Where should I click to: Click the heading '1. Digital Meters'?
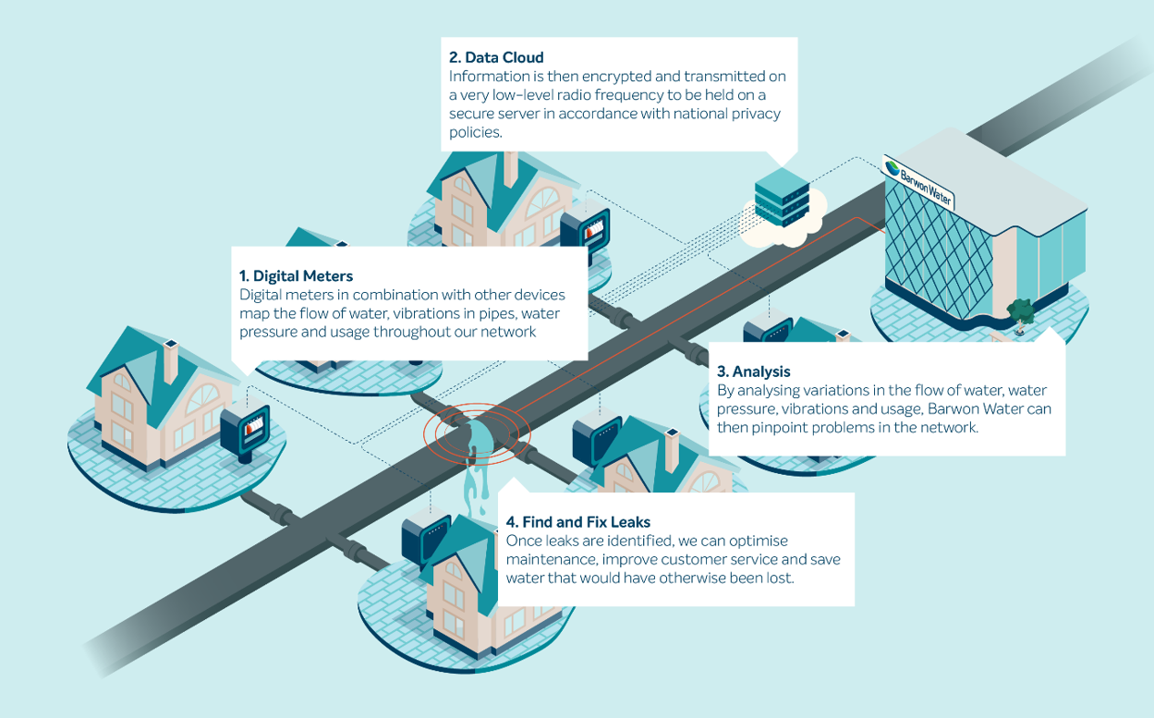click(296, 275)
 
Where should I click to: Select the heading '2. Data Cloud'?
click(496, 57)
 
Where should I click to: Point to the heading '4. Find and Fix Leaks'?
click(578, 522)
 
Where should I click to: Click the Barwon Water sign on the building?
click(918, 182)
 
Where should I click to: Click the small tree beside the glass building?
click(1022, 310)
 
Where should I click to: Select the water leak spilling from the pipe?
click(476, 462)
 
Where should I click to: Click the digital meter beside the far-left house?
click(245, 431)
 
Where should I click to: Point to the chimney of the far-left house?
click(170, 362)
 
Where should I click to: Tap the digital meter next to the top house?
click(589, 231)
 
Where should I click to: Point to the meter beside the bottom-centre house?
click(425, 541)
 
